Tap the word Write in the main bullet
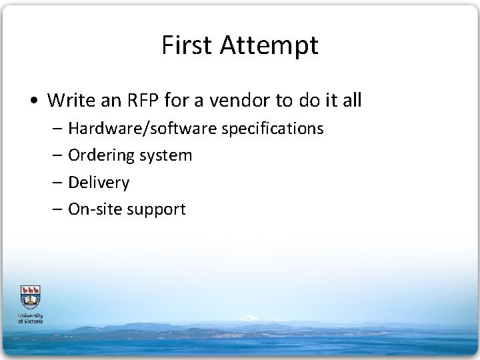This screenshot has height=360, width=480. pos(71,101)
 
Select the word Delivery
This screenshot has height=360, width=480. pos(99,183)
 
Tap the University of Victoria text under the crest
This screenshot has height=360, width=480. pos(30,318)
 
